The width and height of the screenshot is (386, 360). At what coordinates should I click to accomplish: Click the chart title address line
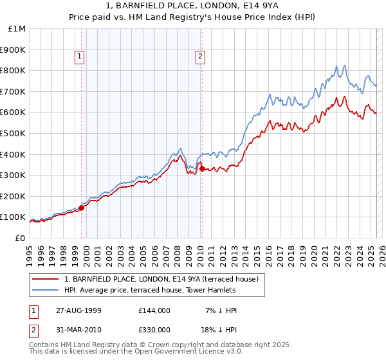[x=192, y=7]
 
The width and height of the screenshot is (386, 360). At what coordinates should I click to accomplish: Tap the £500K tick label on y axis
[x=14, y=133]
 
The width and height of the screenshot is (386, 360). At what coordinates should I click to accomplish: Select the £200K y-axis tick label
[x=14, y=196]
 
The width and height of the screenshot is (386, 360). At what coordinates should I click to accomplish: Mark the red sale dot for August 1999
[x=82, y=207]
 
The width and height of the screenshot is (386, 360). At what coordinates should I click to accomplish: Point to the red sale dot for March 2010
[x=202, y=168]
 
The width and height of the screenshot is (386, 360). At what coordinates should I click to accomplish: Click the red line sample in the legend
[x=46, y=279]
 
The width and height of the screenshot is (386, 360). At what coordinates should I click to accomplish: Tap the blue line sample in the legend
[x=46, y=290]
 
